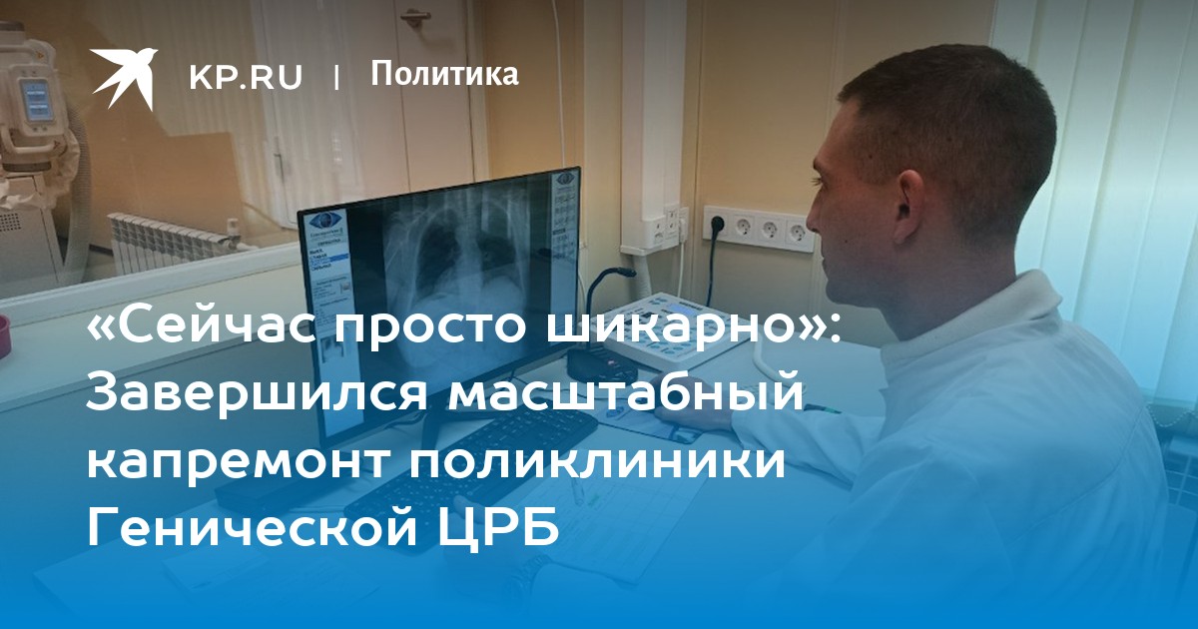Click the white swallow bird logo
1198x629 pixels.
[x=123, y=78]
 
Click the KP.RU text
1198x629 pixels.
[x=246, y=77]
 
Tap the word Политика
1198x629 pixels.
[x=444, y=74]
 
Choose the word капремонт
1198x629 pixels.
[x=237, y=461]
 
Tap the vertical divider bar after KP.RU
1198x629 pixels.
[x=336, y=78]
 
